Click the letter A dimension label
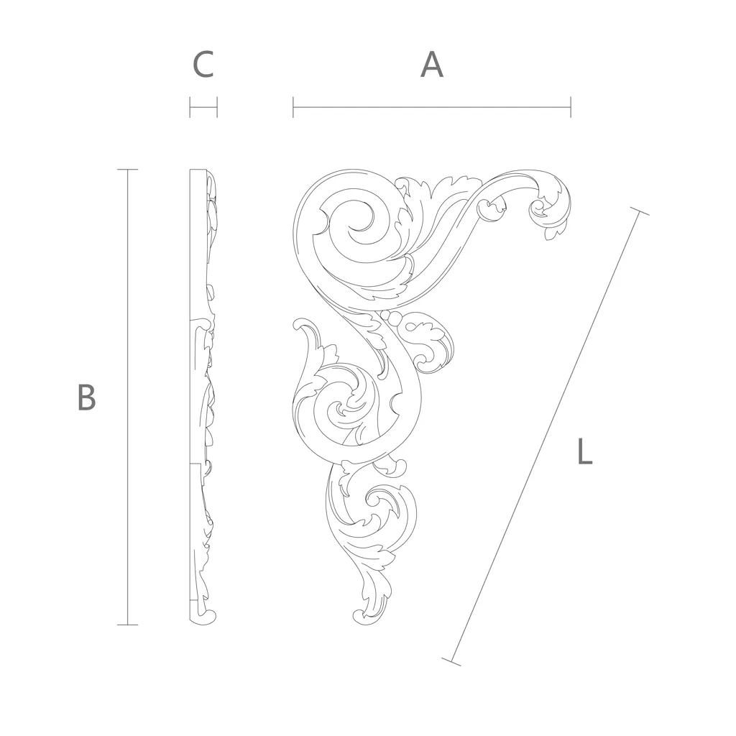(431, 65)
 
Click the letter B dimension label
(86, 397)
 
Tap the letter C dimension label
(203, 65)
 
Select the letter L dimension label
(585, 451)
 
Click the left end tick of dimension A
(293, 107)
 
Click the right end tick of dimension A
(570, 107)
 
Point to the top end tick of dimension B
(127, 170)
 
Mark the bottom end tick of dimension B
(127, 625)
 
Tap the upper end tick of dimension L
(639, 211)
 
